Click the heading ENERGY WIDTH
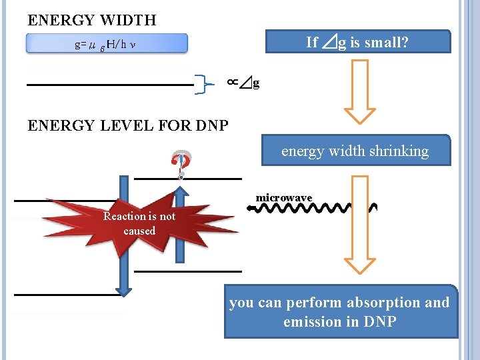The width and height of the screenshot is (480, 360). (x=92, y=20)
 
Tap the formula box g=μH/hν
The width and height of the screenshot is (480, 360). (x=107, y=44)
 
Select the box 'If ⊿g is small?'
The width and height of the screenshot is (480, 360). (x=357, y=42)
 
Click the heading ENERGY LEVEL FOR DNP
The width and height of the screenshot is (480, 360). (x=128, y=125)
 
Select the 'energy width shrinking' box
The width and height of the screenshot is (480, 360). (x=355, y=151)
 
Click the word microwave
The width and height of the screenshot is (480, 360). (x=284, y=198)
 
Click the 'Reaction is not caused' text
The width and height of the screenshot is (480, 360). (x=139, y=223)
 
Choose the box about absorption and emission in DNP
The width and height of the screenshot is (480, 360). (x=341, y=312)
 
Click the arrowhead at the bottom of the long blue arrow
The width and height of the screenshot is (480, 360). (x=123, y=288)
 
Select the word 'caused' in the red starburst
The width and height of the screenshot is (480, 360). (x=139, y=231)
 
